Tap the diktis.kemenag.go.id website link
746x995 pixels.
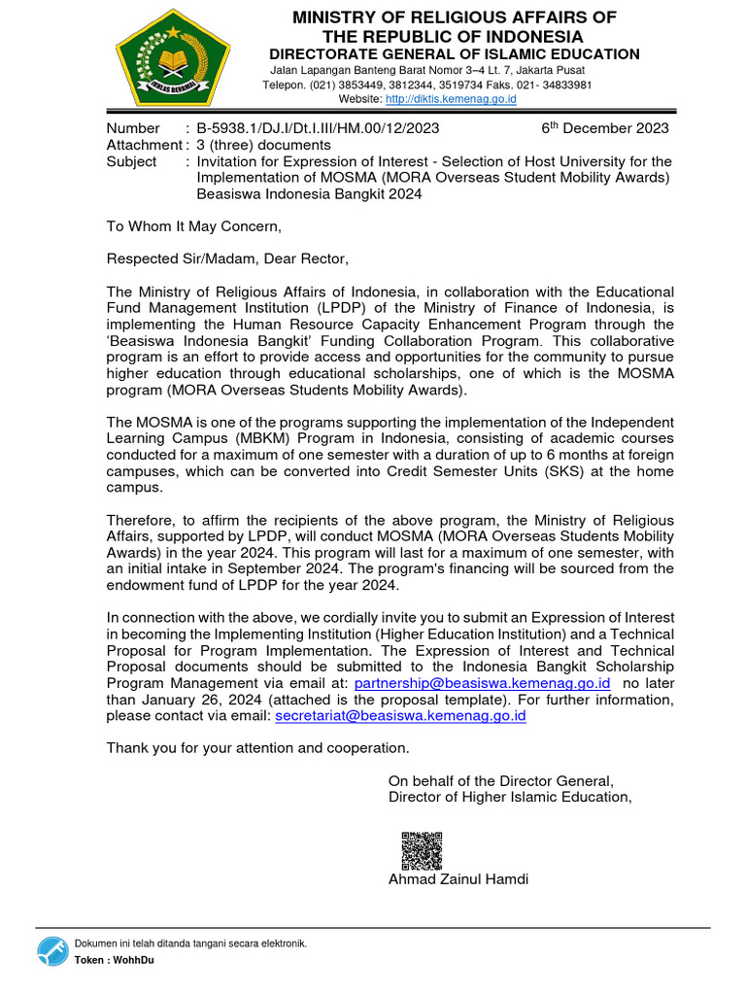(x=451, y=99)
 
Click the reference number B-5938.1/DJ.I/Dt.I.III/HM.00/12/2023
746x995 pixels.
(x=318, y=128)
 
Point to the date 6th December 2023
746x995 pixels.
(x=604, y=128)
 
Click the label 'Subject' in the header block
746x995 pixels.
(x=131, y=161)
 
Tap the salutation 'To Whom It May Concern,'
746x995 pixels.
(x=193, y=226)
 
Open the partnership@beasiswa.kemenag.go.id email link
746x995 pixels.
(x=482, y=683)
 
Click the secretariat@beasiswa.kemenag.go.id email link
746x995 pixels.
(x=401, y=715)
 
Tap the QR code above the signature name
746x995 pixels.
(x=422, y=850)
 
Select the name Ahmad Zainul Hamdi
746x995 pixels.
(x=458, y=880)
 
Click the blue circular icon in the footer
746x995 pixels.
(x=53, y=951)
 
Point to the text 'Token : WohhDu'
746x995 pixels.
(x=114, y=960)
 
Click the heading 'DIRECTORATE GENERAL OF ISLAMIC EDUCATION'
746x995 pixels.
(x=454, y=54)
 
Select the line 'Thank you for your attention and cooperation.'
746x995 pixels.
(x=257, y=748)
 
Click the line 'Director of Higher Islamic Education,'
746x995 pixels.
(x=510, y=797)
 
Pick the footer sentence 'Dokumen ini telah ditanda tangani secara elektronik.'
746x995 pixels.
(x=190, y=944)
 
